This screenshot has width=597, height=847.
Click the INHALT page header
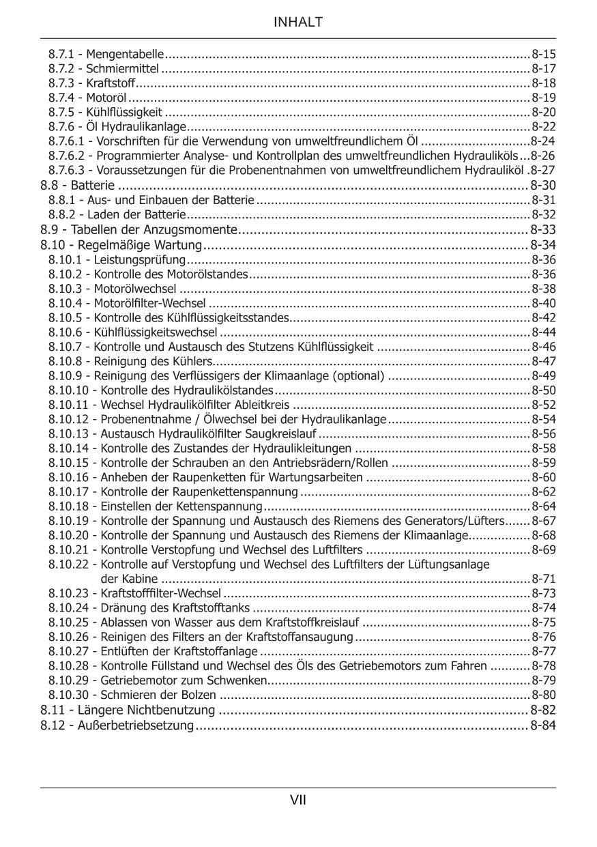tap(298, 23)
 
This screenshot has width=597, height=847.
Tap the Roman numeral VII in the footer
tap(298, 800)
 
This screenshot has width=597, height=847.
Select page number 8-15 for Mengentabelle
tap(544, 53)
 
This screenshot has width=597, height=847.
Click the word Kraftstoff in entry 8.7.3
tap(111, 83)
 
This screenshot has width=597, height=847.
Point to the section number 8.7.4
tap(62, 98)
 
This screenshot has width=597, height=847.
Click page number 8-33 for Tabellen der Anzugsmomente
tap(543, 229)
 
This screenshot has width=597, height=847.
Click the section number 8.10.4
tap(65, 303)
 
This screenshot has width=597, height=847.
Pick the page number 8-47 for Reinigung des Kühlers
tap(544, 361)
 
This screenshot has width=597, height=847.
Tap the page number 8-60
tap(544, 477)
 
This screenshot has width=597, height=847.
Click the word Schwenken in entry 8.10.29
tap(240, 680)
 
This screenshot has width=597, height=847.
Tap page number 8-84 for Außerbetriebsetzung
tap(543, 725)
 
